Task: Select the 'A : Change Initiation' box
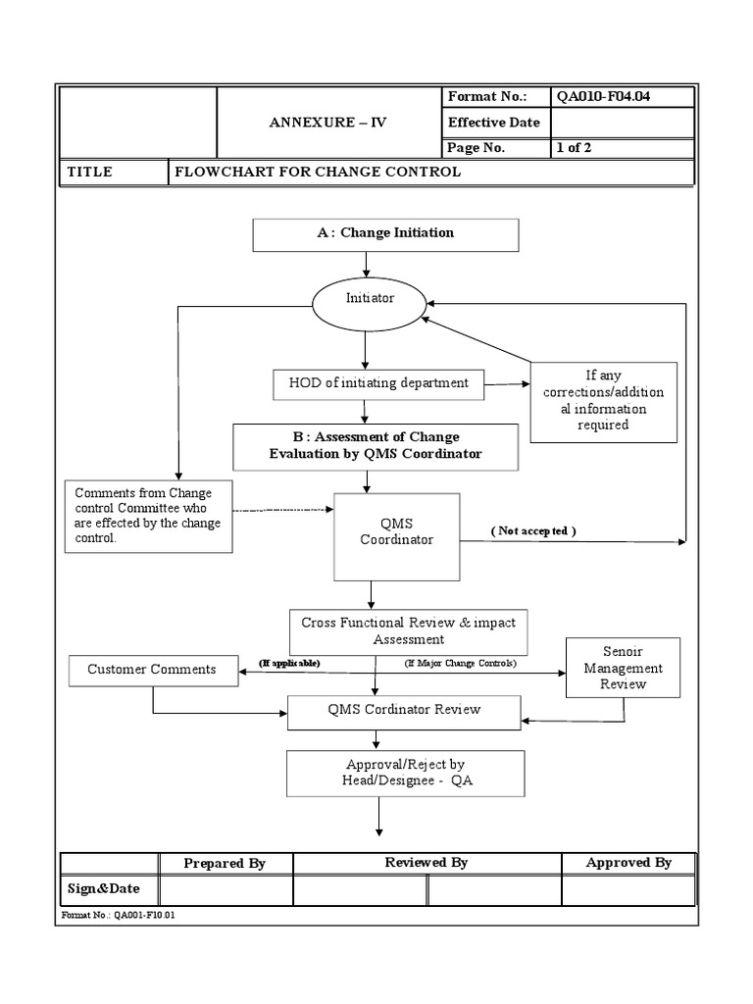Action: pos(385,234)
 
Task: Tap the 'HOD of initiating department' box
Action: pos(378,383)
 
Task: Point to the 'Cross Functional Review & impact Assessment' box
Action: pos(408,631)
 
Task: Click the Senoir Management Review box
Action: pos(623,668)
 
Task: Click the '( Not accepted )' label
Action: pos(533,530)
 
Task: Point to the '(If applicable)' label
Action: pos(289,663)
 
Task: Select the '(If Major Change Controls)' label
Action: pos(460,664)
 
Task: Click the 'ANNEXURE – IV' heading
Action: pos(327,123)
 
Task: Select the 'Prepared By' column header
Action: pos(225,863)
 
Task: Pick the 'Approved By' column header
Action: pos(627,863)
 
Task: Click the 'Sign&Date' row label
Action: pos(103,889)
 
